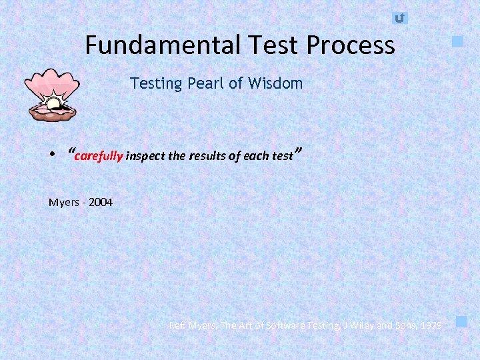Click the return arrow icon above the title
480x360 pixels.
coord(399,18)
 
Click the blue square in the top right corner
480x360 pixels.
coord(457,41)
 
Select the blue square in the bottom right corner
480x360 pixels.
coord(461,322)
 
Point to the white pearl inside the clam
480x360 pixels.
coord(53,103)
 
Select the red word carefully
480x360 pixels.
coord(99,157)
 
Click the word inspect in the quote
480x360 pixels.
coord(145,157)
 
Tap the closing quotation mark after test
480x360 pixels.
coord(299,152)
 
